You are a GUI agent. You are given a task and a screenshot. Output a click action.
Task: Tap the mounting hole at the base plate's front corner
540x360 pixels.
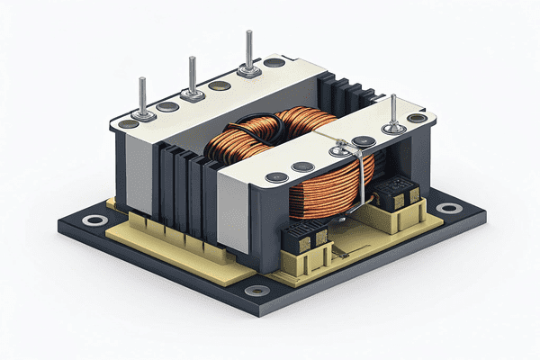(257, 291)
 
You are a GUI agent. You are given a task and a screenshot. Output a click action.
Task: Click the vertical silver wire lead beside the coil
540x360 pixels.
(357, 175)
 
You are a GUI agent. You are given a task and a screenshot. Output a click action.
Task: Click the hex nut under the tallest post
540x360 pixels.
(248, 67)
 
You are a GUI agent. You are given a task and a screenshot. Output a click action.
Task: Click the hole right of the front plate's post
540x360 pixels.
(416, 118)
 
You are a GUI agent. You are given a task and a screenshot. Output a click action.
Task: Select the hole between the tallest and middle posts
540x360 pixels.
(217, 86)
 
